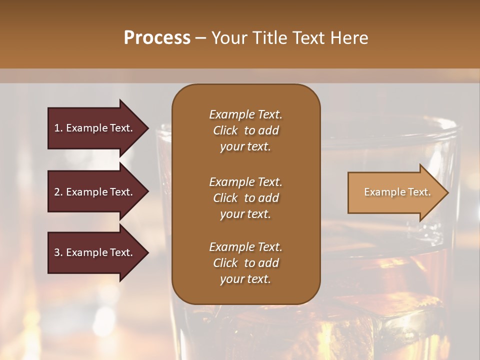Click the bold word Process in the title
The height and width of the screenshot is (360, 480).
(157, 38)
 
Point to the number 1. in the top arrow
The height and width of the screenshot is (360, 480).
(58, 128)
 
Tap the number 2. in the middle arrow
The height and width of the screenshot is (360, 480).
(58, 192)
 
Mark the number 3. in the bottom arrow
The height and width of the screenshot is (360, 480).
(58, 252)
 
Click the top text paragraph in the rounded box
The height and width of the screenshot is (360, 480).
(245, 130)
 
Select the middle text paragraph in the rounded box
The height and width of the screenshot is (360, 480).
(245, 197)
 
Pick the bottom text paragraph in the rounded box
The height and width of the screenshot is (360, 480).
(245, 263)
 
